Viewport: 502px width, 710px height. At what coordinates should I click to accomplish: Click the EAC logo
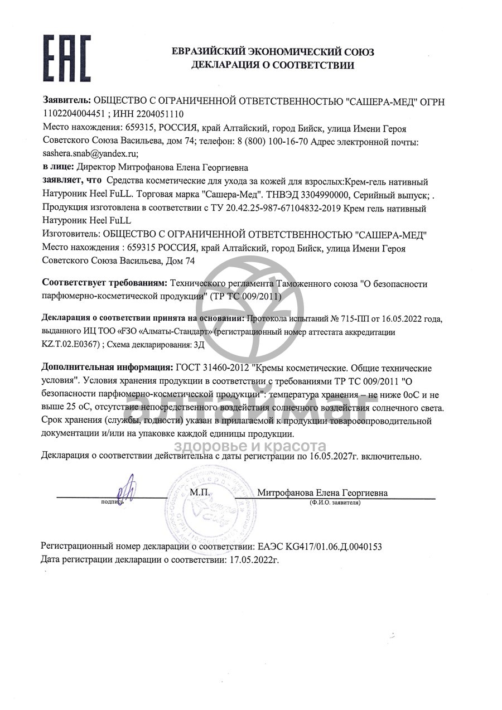(x=66, y=58)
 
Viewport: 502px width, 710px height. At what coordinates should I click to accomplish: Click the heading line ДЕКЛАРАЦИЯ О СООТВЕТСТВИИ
(x=272, y=65)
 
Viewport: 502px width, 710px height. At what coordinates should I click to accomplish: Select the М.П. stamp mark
(x=199, y=492)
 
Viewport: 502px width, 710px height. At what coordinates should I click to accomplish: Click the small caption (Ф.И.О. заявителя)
(x=335, y=503)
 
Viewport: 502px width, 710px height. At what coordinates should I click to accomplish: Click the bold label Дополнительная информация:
(x=108, y=369)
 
